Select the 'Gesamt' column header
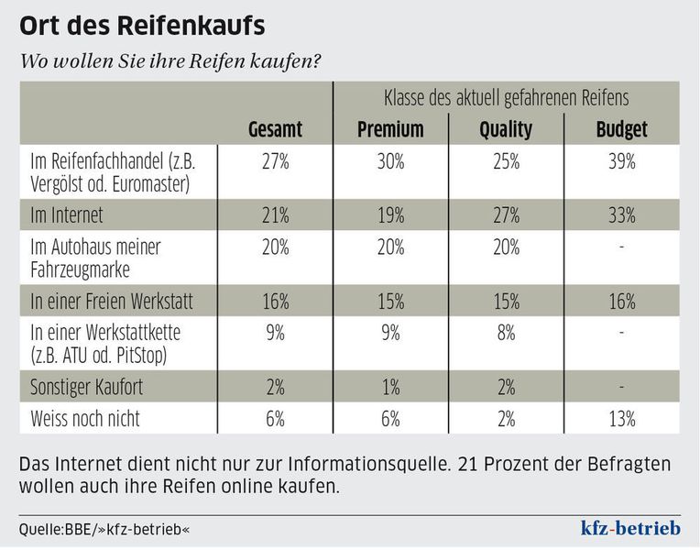tap(275, 128)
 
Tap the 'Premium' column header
tap(390, 128)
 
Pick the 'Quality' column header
tap(506, 128)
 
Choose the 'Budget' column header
tap(621, 128)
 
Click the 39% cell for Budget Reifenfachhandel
tap(621, 162)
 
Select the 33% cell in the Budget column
tap(621, 216)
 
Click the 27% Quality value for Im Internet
tap(506, 216)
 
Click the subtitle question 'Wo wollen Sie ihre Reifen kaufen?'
tap(170, 61)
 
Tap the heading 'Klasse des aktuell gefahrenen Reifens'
tap(506, 97)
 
